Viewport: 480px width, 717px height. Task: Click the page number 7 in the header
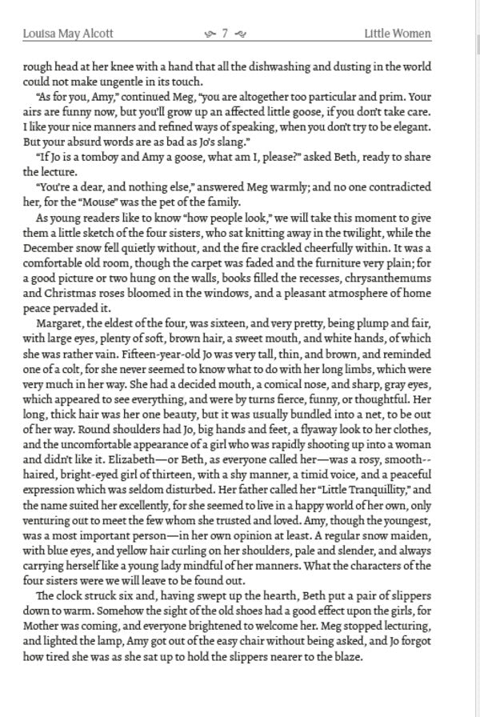pos(226,34)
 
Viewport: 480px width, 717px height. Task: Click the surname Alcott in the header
pos(95,34)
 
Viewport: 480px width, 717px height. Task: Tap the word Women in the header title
pos(412,34)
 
